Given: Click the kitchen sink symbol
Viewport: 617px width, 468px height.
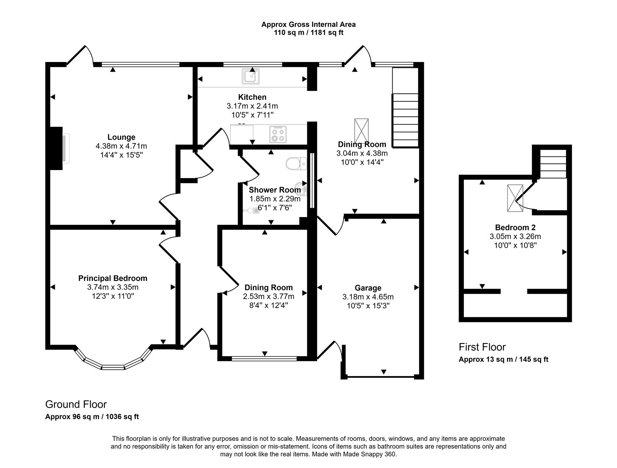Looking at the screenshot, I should pyautogui.click(x=251, y=76).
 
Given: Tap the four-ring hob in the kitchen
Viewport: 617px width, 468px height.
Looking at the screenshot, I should pyautogui.click(x=278, y=134).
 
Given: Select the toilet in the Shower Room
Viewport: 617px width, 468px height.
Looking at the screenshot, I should pyautogui.click(x=296, y=164).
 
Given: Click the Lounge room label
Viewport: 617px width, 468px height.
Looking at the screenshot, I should pyautogui.click(x=121, y=137).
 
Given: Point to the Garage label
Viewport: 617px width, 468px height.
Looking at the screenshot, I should pyautogui.click(x=368, y=288).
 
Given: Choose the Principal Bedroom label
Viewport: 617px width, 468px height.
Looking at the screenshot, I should pyautogui.click(x=113, y=278).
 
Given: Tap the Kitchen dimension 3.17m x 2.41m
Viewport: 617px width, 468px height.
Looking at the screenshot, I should pyautogui.click(x=252, y=106).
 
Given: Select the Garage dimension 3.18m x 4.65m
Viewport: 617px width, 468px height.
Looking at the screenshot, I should pyautogui.click(x=368, y=297).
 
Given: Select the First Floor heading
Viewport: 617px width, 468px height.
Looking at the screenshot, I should pyautogui.click(x=482, y=347).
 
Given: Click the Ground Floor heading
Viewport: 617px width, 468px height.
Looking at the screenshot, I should pyautogui.click(x=76, y=404).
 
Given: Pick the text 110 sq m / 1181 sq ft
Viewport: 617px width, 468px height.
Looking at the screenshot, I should pyautogui.click(x=308, y=33).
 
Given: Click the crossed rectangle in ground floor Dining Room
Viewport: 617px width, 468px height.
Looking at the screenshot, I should pyautogui.click(x=361, y=130).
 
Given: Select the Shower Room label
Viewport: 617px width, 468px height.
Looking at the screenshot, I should pyautogui.click(x=275, y=190).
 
